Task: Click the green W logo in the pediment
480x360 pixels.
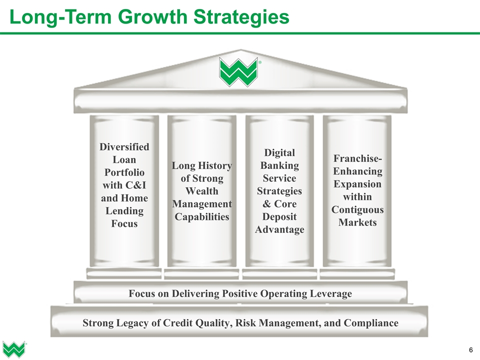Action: click(x=239, y=71)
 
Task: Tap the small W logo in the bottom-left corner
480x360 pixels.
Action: click(x=13, y=348)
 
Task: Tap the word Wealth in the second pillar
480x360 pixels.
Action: click(x=201, y=191)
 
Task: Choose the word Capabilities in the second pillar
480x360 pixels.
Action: click(x=201, y=216)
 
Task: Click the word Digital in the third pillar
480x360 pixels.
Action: click(x=279, y=152)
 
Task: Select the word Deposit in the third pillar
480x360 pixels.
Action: click(x=279, y=216)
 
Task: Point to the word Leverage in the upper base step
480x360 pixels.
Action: click(x=330, y=293)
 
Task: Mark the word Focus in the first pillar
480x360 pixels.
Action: click(x=124, y=223)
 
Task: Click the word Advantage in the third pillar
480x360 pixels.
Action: click(x=279, y=229)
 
